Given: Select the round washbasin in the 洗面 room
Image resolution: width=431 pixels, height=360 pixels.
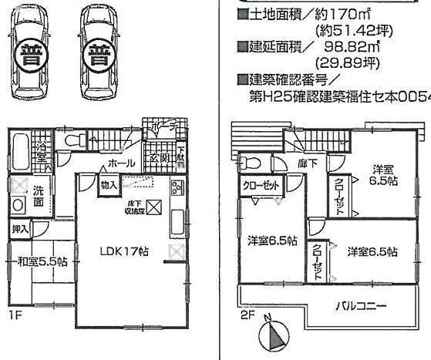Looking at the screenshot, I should pos(18,205).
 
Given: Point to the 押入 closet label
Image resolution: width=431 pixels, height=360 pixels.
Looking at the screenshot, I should pos(20,229).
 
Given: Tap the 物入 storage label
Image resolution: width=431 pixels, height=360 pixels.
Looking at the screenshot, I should pos(109,185).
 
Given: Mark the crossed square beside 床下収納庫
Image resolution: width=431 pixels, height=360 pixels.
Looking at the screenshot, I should pos(153,207).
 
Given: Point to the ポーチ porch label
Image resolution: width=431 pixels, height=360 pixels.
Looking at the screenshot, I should pos(166,125).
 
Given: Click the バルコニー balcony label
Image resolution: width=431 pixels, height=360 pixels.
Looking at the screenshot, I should pos(360,306).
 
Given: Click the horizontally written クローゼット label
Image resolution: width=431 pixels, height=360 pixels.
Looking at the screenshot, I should pos(261,186).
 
